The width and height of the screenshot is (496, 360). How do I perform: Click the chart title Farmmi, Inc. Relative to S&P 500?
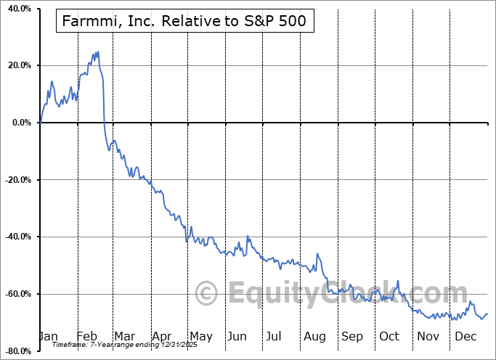(x=185, y=22)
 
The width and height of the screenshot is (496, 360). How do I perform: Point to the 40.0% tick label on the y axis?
(x=18, y=9)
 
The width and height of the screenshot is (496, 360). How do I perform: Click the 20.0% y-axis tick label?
(x=18, y=65)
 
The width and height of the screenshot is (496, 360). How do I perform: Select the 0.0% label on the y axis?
(x=20, y=123)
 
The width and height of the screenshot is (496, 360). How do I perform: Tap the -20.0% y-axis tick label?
(x=17, y=180)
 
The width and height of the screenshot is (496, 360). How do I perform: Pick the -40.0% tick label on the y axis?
(x=17, y=237)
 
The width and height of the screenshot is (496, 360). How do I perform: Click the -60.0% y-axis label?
(x=17, y=294)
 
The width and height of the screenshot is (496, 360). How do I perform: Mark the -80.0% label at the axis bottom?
(x=17, y=351)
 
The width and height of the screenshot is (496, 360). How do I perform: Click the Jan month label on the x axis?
(x=47, y=336)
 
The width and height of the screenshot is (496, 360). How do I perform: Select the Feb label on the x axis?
(x=86, y=336)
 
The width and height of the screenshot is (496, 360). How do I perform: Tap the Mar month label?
(x=124, y=336)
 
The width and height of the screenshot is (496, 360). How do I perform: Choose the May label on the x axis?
(x=200, y=336)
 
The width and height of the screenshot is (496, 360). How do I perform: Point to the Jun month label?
(x=237, y=336)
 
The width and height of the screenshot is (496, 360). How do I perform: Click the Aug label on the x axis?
(x=315, y=336)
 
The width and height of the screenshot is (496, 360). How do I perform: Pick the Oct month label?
(x=389, y=336)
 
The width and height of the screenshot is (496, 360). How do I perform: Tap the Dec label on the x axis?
(x=465, y=336)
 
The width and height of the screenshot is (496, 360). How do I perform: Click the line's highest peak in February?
(x=98, y=52)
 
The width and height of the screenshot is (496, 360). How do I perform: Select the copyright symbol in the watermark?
(x=207, y=293)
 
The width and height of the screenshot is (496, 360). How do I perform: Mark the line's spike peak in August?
(x=317, y=253)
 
